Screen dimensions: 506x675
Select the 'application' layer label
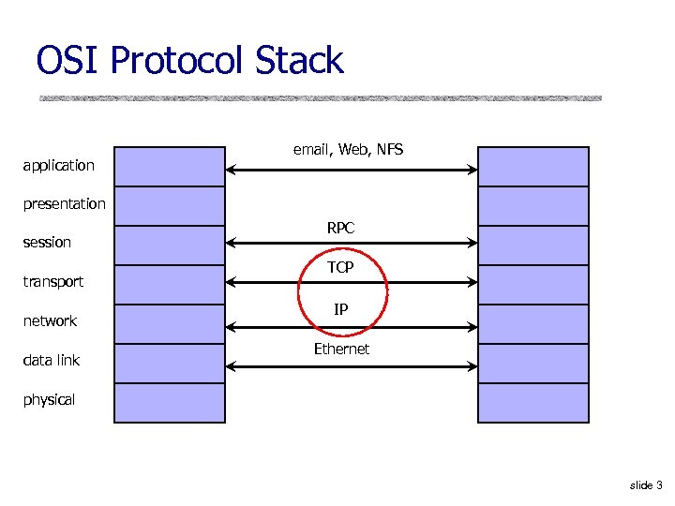(58, 166)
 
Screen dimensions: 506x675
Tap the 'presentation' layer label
(64, 204)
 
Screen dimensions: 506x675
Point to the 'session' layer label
(47, 243)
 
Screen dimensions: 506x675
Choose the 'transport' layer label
(52, 282)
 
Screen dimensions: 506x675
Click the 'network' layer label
(50, 321)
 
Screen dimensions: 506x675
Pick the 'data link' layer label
(51, 361)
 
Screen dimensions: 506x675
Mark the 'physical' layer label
(49, 400)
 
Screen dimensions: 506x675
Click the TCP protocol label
(340, 268)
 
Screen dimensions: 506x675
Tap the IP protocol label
(341, 308)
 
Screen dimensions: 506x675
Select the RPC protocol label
(340, 228)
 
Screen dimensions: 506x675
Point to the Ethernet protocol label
(341, 350)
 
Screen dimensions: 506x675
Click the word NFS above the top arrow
(389, 149)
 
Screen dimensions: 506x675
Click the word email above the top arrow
(312, 149)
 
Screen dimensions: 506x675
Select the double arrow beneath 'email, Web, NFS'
(352, 169)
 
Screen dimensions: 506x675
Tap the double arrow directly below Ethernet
(352, 365)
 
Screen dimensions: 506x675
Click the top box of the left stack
(170, 166)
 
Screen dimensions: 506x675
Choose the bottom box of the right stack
(533, 403)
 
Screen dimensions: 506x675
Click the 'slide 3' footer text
(646, 485)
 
